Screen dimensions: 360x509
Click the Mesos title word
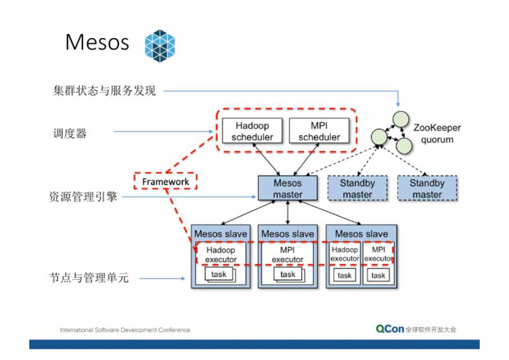point(97,42)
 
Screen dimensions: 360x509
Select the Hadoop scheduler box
point(252,131)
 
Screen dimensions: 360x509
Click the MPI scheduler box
point(319,131)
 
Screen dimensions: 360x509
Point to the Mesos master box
point(288,188)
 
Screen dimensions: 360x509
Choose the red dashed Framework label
point(165,181)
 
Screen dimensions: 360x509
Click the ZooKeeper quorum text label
point(437,134)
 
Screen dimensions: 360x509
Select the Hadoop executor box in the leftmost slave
point(221,254)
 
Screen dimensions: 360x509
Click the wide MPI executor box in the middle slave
point(288,254)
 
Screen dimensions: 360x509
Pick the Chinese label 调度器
point(69,133)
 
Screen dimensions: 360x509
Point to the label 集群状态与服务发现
point(104,91)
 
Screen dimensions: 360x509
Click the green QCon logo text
point(390,329)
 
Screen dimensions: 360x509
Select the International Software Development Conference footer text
point(125,330)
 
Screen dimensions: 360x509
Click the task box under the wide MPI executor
point(288,275)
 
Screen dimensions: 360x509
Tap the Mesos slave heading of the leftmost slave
point(220,234)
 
